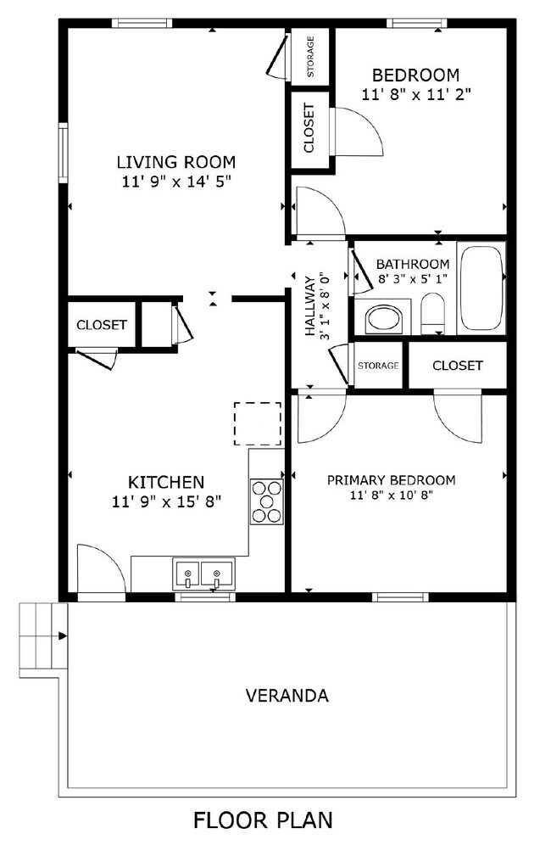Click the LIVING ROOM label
click(x=175, y=161)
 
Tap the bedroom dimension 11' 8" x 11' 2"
click(x=415, y=94)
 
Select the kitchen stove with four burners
click(x=265, y=501)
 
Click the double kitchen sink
click(x=203, y=574)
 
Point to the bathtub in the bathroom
click(x=481, y=288)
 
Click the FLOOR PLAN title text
click(x=263, y=820)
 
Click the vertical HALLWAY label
click(x=311, y=306)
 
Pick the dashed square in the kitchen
click(x=257, y=423)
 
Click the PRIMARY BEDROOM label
click(x=391, y=480)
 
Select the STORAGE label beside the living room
click(x=311, y=57)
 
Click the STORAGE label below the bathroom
click(x=378, y=366)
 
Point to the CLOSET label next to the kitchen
click(x=102, y=325)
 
